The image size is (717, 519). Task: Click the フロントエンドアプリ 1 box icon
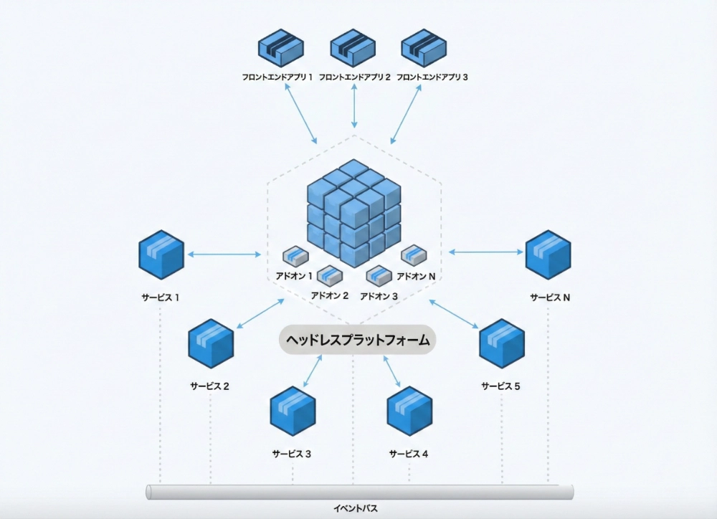[x=281, y=48]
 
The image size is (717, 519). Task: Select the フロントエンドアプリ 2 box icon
[x=353, y=48]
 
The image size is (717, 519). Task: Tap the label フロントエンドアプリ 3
[x=432, y=77]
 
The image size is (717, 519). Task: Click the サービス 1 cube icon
[x=161, y=254]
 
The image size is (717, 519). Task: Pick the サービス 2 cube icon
[x=211, y=344]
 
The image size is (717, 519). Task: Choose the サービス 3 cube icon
[x=293, y=411]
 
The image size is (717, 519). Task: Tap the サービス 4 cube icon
[x=409, y=411]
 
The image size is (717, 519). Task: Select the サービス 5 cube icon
[x=501, y=344]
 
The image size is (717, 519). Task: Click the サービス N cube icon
[x=549, y=254]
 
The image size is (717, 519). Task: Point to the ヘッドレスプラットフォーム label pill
[x=358, y=341]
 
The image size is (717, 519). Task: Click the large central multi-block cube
[x=353, y=213]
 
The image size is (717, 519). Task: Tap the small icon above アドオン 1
[x=295, y=255]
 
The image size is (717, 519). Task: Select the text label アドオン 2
[x=330, y=295]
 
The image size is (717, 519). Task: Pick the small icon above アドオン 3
[x=379, y=274]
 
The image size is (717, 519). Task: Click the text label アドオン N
[x=417, y=276]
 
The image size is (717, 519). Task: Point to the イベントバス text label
[x=356, y=509]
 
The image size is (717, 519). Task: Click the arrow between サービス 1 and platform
[x=224, y=254]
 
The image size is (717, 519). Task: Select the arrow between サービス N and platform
[x=486, y=252]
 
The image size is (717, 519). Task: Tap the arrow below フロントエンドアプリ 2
[x=353, y=106]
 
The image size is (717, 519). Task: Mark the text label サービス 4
[x=409, y=454]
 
